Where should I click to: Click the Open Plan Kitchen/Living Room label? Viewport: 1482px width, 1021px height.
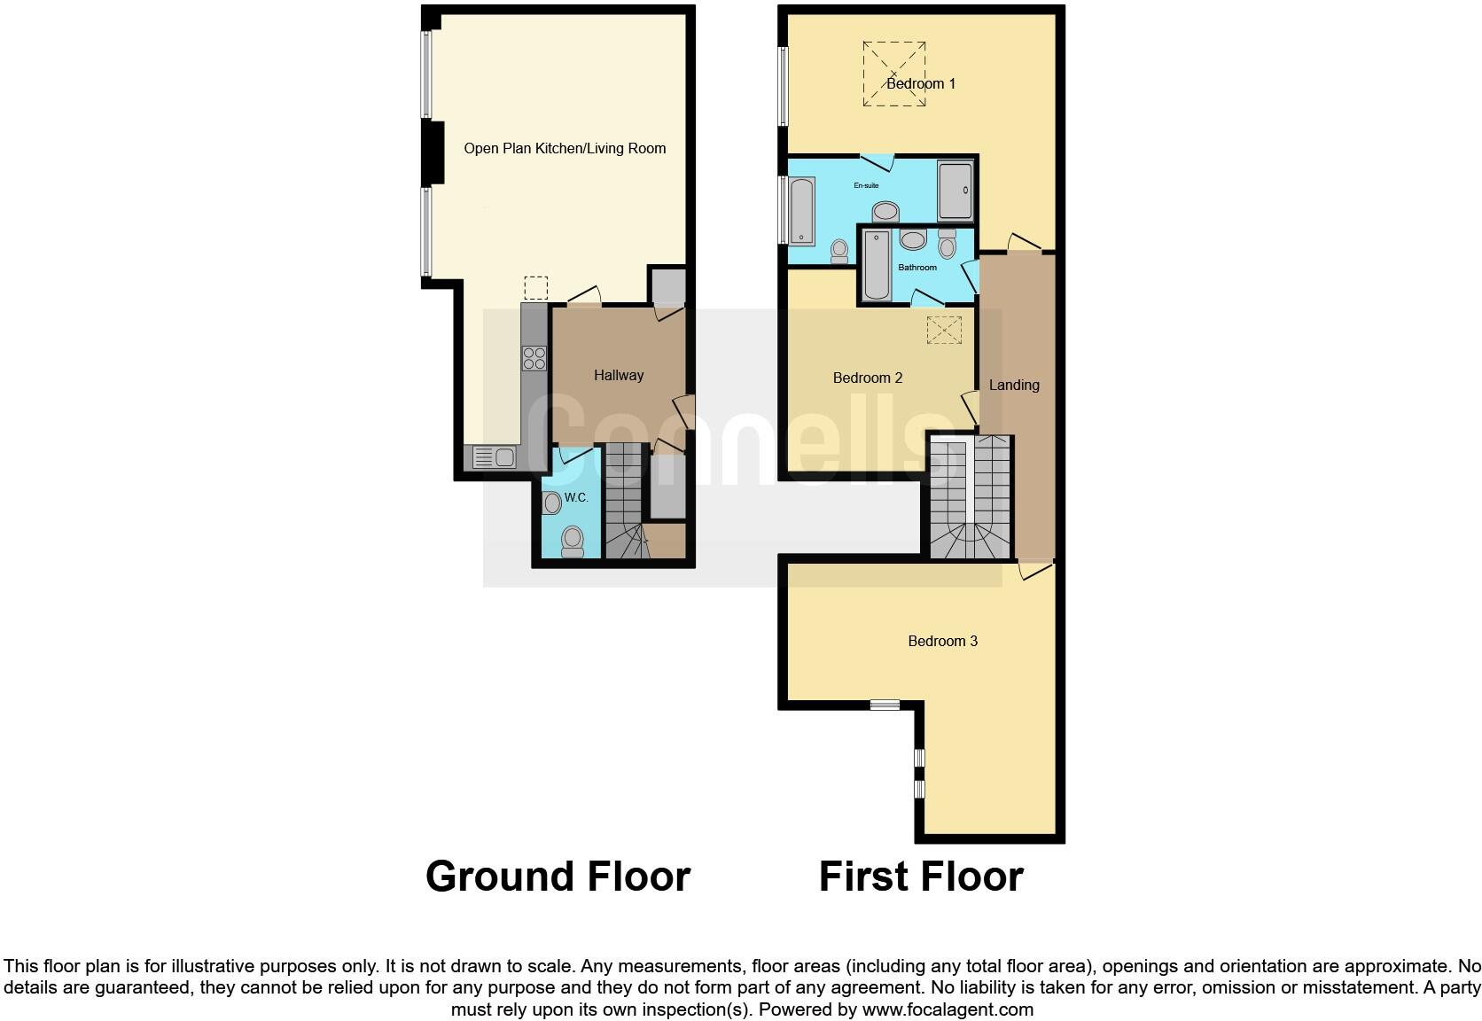click(x=565, y=148)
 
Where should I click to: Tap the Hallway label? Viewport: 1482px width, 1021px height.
click(x=618, y=375)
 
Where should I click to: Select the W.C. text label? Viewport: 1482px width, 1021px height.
click(x=576, y=497)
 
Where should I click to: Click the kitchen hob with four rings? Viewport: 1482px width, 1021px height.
click(x=534, y=357)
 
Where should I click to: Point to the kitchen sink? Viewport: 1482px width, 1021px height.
click(x=495, y=457)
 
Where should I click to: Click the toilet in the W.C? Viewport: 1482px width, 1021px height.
click(x=573, y=540)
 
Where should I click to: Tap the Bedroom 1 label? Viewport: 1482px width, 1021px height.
click(x=921, y=83)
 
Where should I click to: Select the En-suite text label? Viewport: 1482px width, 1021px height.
click(x=866, y=185)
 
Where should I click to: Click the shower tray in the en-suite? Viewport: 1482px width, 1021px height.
click(x=955, y=191)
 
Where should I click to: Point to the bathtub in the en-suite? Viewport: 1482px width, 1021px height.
click(x=801, y=211)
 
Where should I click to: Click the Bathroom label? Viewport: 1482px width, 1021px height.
click(x=916, y=267)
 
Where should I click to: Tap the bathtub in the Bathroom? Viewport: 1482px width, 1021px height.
click(x=877, y=265)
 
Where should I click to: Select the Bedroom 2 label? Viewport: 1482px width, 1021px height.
click(x=867, y=378)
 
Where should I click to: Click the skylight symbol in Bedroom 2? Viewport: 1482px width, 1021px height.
click(x=944, y=330)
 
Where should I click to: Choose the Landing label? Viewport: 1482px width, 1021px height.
click(x=1013, y=385)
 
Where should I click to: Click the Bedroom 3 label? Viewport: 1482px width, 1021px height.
click(x=942, y=641)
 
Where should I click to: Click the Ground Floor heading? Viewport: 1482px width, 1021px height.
click(x=558, y=876)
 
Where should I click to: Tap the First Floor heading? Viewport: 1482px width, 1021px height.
click(x=920, y=876)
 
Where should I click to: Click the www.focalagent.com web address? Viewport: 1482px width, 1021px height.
click(x=948, y=1009)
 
